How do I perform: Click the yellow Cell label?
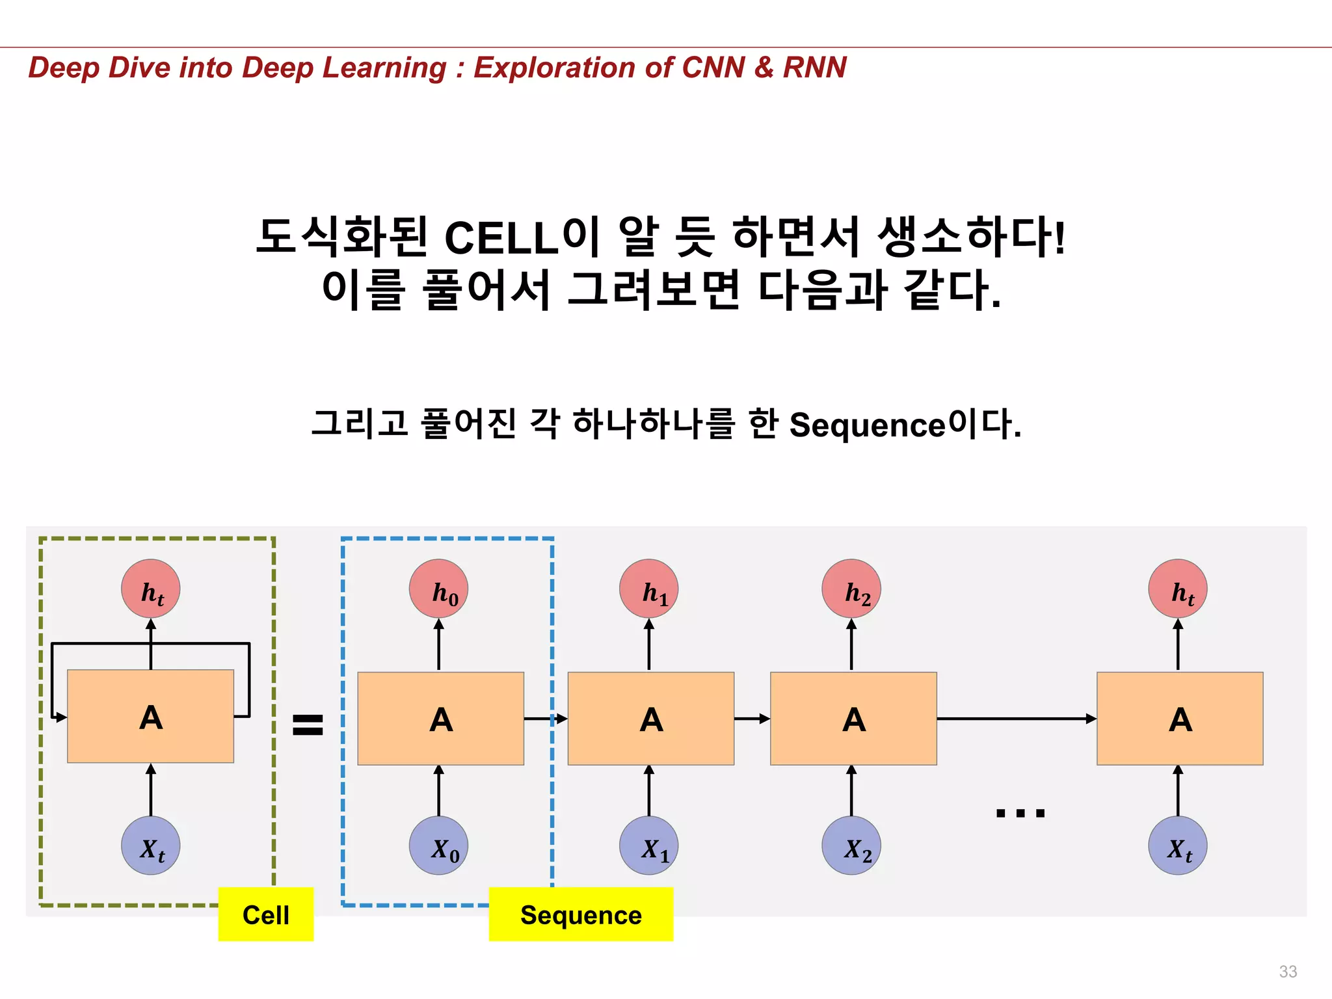click(x=265, y=914)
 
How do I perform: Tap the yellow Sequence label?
click(x=581, y=914)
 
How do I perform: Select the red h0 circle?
click(x=438, y=589)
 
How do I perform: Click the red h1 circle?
click(x=648, y=589)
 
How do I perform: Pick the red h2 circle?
click(x=851, y=589)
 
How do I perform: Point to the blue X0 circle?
click(x=438, y=846)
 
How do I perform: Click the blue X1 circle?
click(x=648, y=846)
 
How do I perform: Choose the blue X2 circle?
click(x=851, y=846)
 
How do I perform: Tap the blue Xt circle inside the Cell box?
click(x=151, y=846)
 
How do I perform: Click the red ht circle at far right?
click(x=1178, y=589)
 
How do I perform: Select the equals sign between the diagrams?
click(x=308, y=724)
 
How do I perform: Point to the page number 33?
click(x=1288, y=971)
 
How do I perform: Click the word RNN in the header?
click(x=814, y=68)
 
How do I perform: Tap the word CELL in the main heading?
click(x=501, y=237)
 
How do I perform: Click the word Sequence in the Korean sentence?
click(x=867, y=426)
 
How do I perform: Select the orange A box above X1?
click(x=651, y=719)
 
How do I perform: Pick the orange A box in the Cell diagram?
click(x=151, y=716)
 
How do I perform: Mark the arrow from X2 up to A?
click(x=851, y=791)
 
